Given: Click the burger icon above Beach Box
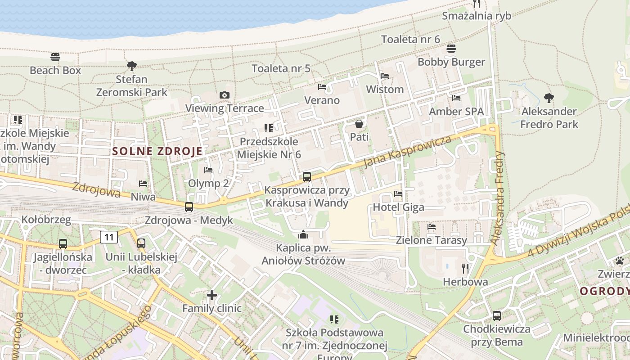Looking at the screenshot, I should [55, 57].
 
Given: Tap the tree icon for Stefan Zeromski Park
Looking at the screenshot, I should [131, 66].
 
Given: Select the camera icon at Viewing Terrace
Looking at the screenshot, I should [224, 95].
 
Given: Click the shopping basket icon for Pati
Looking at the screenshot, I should [359, 123].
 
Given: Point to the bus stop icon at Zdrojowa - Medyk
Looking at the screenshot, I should [189, 207].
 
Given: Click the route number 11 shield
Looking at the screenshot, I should [109, 237].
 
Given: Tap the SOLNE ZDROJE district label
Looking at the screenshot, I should [157, 151].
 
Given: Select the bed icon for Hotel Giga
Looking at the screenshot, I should [398, 194].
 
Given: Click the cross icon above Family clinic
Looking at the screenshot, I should [212, 295].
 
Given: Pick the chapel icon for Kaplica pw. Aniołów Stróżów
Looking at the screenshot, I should [303, 234].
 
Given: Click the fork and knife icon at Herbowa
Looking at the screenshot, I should [465, 269].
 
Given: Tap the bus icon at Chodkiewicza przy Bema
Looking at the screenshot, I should [497, 316].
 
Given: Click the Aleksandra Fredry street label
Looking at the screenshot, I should [498, 198].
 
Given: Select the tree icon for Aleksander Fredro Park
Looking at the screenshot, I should [549, 98].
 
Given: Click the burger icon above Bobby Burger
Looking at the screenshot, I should [451, 49].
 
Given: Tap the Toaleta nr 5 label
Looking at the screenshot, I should [281, 68].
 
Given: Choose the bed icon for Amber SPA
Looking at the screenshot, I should [456, 98].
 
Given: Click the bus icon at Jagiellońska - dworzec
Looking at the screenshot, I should [63, 244].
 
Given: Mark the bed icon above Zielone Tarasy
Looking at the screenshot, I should [432, 227].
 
